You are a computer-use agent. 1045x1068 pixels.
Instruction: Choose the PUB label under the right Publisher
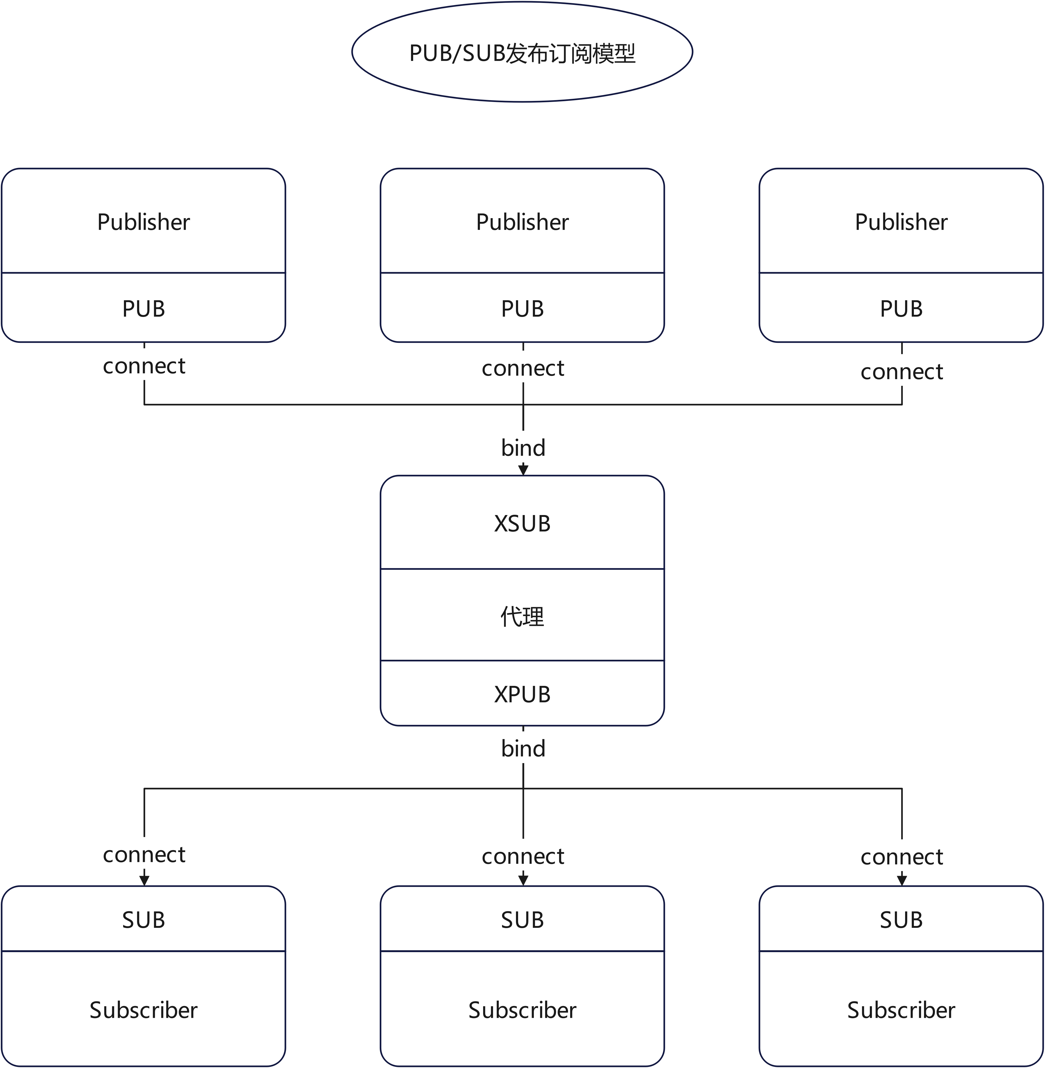901,308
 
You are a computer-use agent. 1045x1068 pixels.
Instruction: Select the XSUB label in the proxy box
522,524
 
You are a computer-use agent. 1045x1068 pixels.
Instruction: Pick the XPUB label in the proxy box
522,694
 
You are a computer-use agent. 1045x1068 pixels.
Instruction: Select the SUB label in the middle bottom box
522,920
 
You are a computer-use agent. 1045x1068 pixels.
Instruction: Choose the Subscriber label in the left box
143,1010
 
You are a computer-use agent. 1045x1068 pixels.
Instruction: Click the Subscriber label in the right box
901,1010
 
